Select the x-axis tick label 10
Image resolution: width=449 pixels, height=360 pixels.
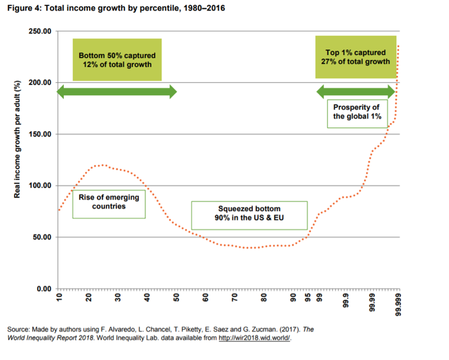pyautogui.click(x=59, y=298)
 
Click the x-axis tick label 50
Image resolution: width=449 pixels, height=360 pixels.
pyautogui.click(x=176, y=298)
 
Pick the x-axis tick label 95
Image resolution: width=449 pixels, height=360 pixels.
pyautogui.click(x=307, y=298)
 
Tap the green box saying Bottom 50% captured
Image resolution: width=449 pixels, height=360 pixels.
pyautogui.click(x=117, y=60)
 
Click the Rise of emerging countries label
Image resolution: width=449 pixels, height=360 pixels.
pyautogui.click(x=109, y=202)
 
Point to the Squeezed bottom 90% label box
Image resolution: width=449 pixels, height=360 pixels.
pyautogui.click(x=249, y=214)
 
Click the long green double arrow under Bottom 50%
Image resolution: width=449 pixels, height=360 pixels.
pyautogui.click(x=117, y=92)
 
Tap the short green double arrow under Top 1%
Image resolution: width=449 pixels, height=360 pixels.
pyautogui.click(x=355, y=92)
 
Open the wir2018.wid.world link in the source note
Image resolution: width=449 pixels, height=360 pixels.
pyautogui.click(x=254, y=337)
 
